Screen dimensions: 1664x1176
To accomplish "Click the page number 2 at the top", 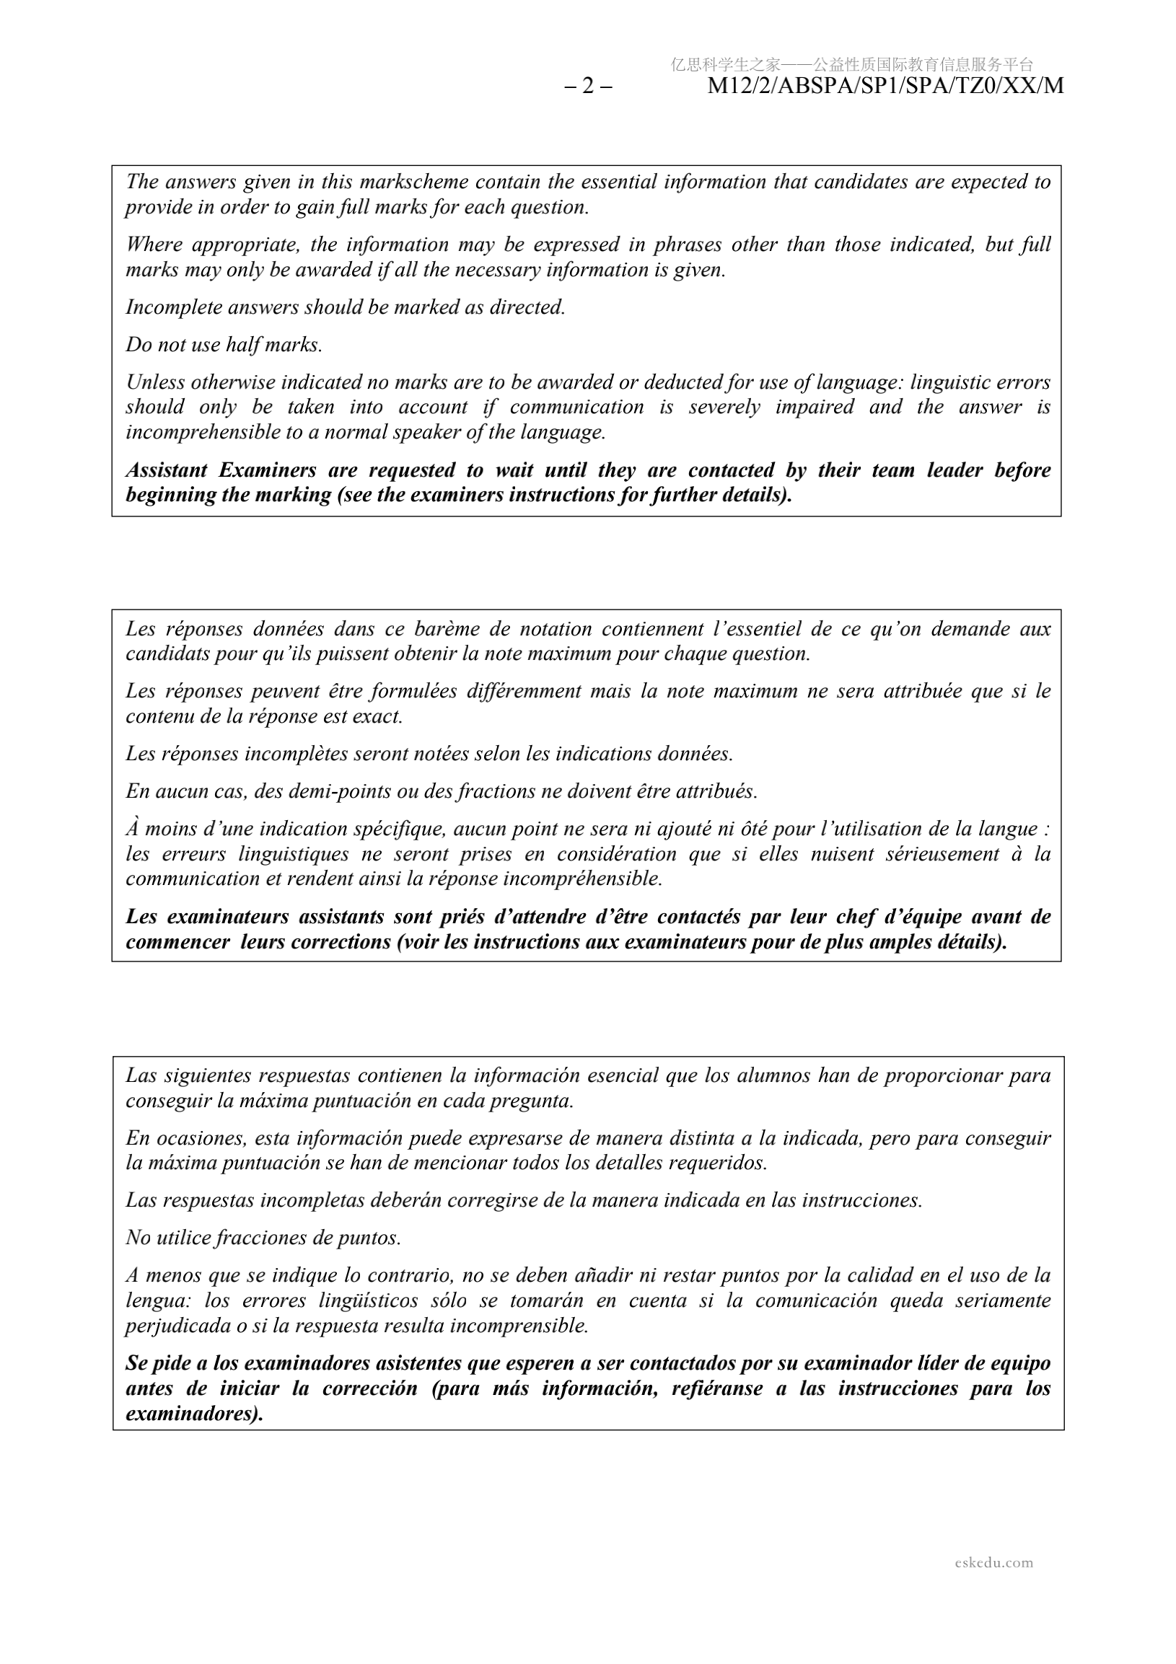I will [588, 87].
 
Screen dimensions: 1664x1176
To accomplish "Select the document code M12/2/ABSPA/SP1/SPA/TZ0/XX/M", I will [885, 87].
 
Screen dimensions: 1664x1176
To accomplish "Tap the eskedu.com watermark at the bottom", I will [994, 1562].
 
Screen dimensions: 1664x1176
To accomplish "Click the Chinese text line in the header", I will [852, 64].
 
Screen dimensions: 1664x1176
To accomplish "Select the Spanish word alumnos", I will [772, 1076].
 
